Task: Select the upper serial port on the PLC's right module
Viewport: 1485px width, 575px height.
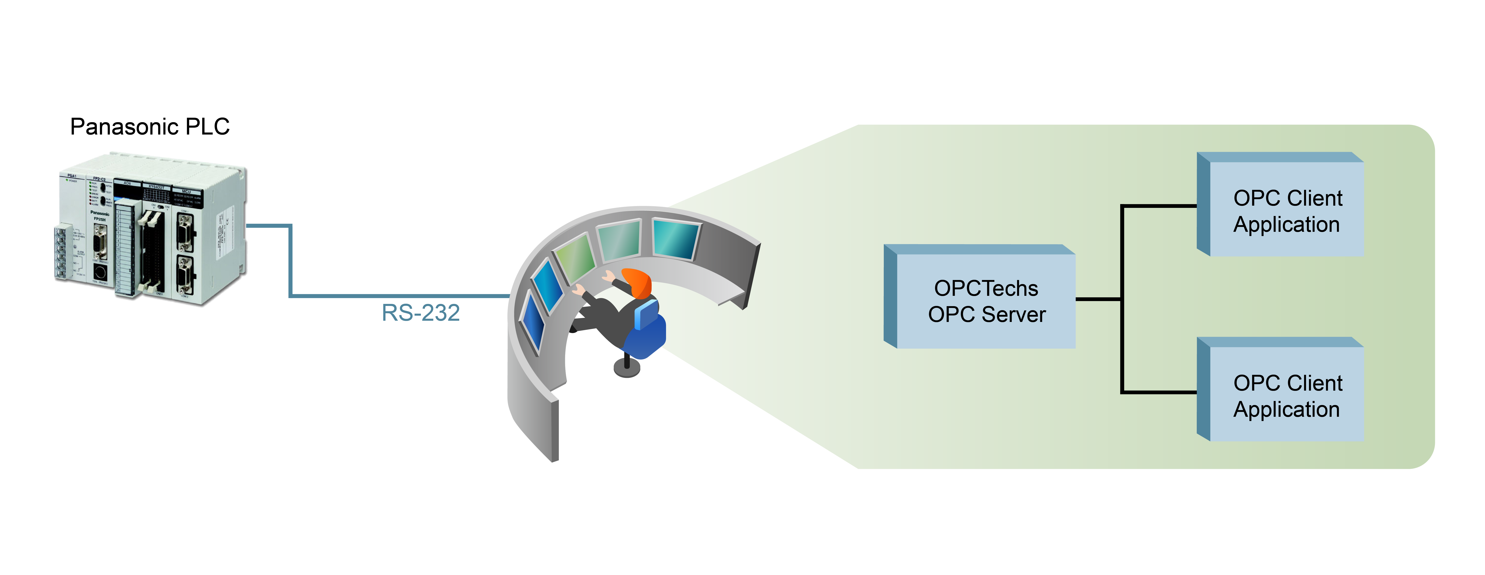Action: coord(185,232)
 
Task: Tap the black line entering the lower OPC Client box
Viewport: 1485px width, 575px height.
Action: coord(1159,392)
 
